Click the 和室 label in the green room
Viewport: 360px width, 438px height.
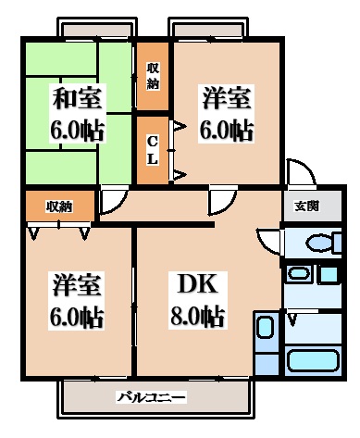click(x=78, y=97)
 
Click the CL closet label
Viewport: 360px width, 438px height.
click(x=153, y=149)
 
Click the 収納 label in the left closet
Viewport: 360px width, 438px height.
click(x=60, y=206)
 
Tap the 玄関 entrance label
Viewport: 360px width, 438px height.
click(x=307, y=206)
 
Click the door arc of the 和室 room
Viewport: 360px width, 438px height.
click(x=113, y=200)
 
